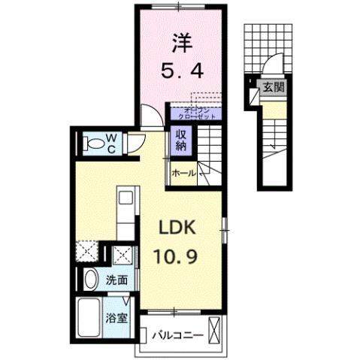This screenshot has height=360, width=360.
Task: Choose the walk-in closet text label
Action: click(x=194, y=113)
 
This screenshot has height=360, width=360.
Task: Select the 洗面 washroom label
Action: click(x=116, y=280)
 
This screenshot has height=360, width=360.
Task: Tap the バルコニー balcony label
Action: click(x=177, y=334)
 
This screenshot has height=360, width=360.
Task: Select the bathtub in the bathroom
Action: click(x=91, y=319)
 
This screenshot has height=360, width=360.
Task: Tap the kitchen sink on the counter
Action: click(x=126, y=200)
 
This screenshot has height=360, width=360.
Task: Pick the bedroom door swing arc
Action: click(x=151, y=116)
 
